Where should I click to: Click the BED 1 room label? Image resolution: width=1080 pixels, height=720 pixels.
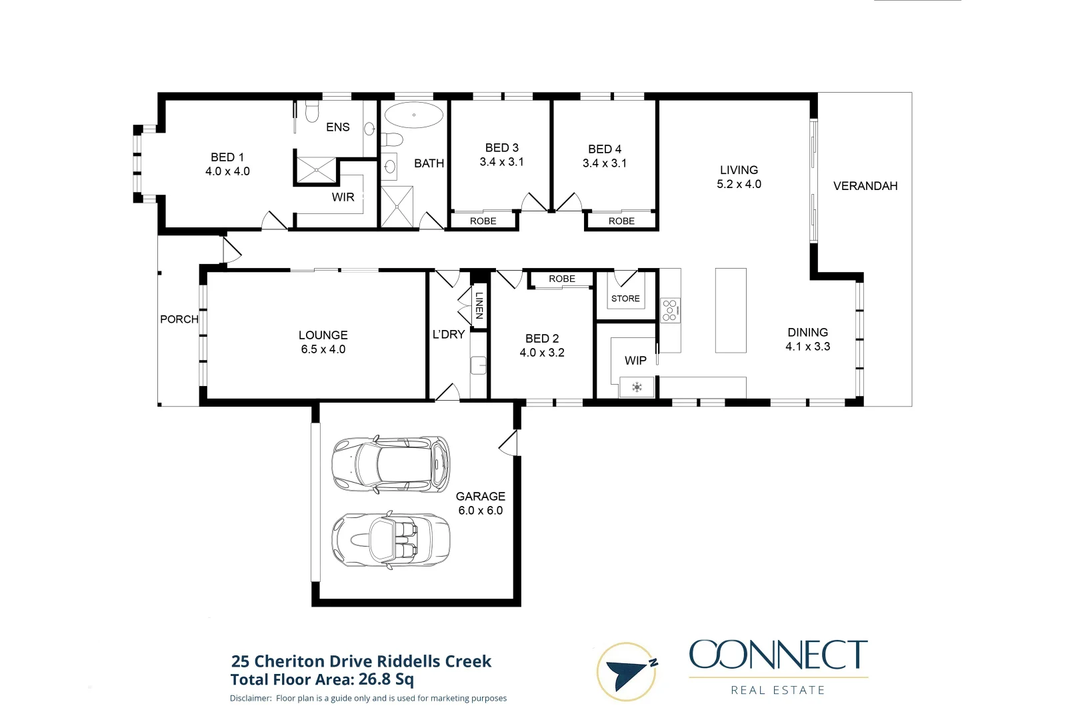coord(227,157)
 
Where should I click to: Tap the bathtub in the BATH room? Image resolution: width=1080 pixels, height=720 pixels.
coord(413,115)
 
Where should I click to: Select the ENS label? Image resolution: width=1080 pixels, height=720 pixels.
coord(337,127)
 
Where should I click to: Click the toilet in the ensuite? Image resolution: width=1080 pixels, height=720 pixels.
coord(312,111)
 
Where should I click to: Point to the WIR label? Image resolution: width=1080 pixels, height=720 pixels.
coord(343,197)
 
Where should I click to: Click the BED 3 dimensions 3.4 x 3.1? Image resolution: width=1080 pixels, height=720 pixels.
coord(501,162)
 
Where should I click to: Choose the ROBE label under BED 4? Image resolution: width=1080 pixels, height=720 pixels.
coord(621,221)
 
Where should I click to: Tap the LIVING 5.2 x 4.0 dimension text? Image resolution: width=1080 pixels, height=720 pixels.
coord(739,184)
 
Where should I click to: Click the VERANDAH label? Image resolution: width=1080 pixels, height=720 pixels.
coord(865,186)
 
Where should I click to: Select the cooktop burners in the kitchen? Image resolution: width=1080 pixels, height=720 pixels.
coord(670,310)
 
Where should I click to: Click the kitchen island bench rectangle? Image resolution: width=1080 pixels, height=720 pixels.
coord(731,310)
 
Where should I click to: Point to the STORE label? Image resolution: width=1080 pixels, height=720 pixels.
coord(625,299)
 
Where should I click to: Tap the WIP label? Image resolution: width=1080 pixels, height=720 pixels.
coord(635,361)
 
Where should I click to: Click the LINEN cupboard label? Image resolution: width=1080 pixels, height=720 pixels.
coord(479,305)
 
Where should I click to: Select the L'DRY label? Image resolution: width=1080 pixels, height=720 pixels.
coord(448,335)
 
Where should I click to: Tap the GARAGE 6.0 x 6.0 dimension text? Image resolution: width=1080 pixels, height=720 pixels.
coord(480,511)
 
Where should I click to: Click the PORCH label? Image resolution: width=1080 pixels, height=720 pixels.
coord(179,319)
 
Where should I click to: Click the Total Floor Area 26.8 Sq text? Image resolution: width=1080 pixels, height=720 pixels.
coord(322,679)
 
